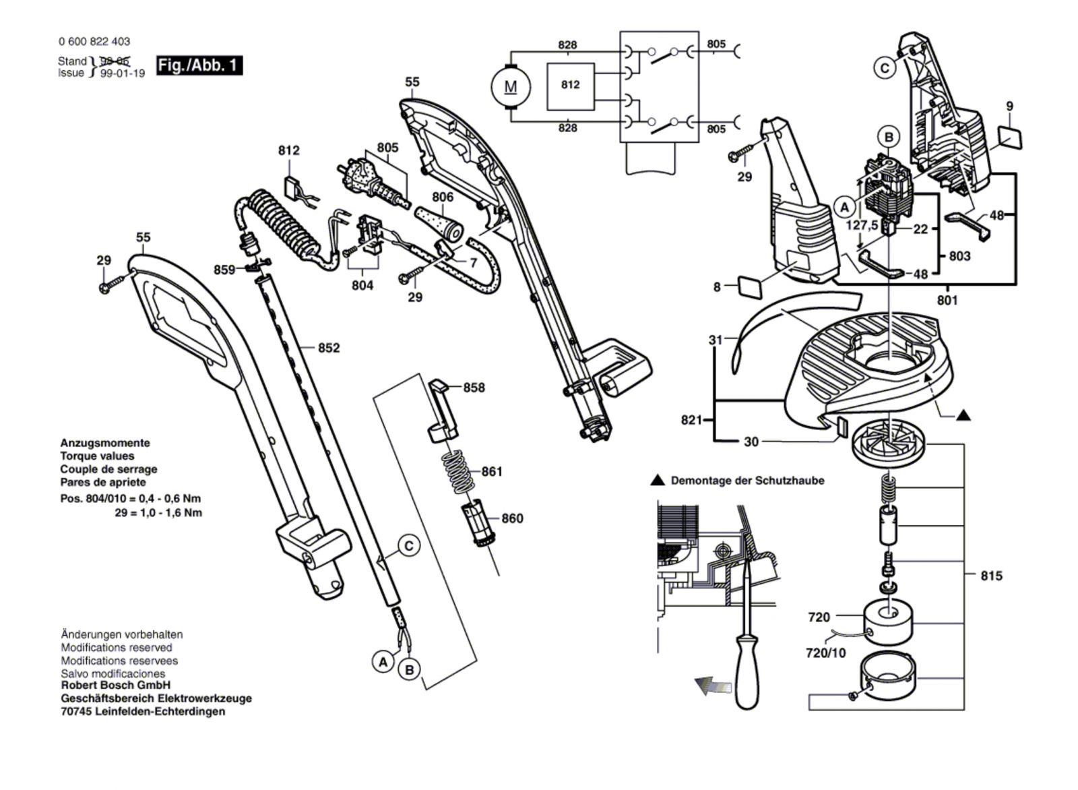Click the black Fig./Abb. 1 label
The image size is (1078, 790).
click(199, 65)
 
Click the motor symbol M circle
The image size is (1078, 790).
click(511, 87)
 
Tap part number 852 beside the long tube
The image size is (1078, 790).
click(329, 348)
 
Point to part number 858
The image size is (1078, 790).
click(474, 388)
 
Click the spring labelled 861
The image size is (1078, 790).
click(456, 472)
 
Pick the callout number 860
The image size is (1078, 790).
click(512, 518)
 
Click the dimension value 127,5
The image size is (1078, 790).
click(862, 225)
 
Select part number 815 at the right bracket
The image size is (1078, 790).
click(991, 576)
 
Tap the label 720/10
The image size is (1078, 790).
click(825, 653)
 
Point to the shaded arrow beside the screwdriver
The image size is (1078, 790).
click(713, 686)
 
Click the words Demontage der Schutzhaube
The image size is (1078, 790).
click(747, 481)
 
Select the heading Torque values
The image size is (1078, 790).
click(97, 456)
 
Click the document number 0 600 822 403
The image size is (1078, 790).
click(94, 41)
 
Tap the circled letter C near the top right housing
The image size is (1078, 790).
click(885, 68)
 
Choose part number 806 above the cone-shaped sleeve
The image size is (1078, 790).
click(443, 197)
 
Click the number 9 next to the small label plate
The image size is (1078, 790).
click(1010, 106)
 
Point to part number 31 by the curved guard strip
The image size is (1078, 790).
click(716, 340)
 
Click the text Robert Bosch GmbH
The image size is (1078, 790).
click(115, 685)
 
